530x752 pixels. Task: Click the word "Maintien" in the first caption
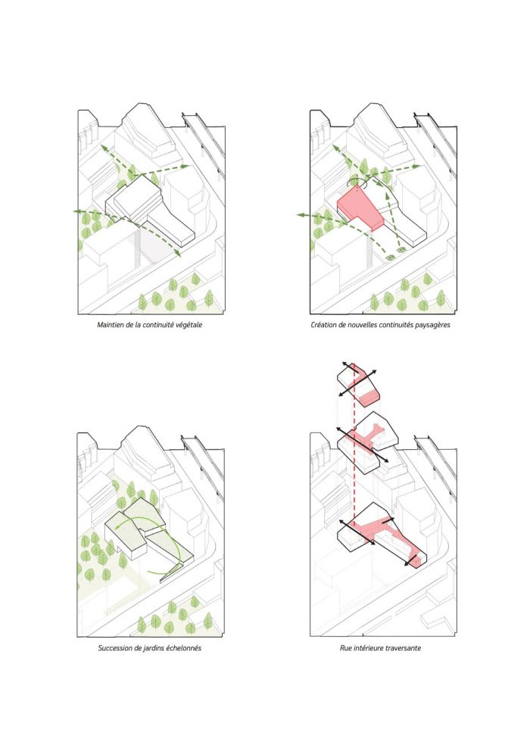110,325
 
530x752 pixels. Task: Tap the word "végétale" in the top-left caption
189,325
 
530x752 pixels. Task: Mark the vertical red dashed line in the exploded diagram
354,446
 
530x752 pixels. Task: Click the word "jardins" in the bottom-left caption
154,648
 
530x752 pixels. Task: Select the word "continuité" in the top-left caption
159,325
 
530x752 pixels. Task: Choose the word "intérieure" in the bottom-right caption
368,648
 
